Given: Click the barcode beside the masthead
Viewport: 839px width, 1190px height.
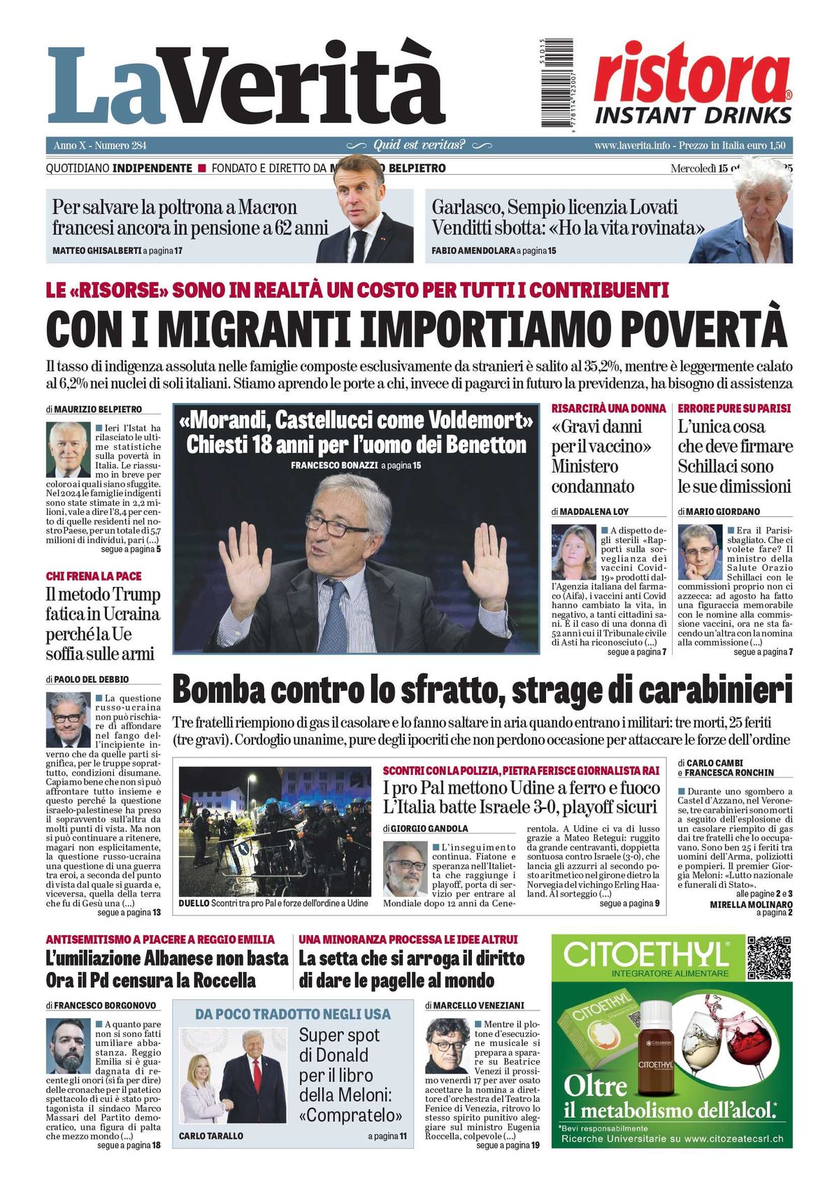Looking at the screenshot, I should coord(557,84).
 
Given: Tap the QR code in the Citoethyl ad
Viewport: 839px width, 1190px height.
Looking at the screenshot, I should coord(769,957).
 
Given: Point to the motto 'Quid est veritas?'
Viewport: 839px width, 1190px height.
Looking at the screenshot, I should coord(419,145).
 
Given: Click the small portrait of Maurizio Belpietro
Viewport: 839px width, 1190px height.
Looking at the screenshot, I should coord(69,449).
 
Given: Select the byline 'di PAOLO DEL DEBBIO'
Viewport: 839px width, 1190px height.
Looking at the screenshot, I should coord(87,679).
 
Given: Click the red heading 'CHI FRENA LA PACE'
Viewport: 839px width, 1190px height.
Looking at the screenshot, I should coord(94,576).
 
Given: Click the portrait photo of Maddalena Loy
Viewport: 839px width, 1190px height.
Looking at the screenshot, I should coord(573,552).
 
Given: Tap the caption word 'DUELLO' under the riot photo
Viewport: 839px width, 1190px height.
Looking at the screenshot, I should coord(194,903).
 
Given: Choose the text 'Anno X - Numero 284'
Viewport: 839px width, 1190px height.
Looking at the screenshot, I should coord(100,145).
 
